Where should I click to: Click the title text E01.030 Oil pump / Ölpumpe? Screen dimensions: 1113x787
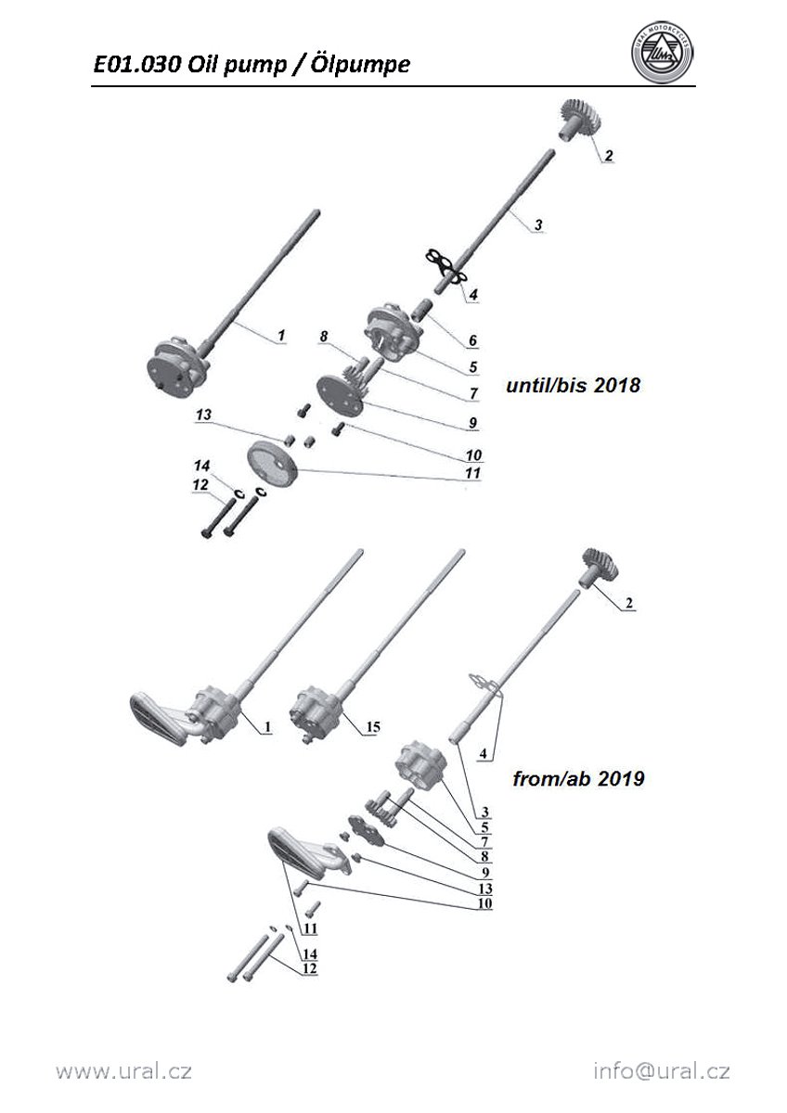click(251, 64)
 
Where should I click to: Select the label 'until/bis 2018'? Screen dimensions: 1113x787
click(573, 385)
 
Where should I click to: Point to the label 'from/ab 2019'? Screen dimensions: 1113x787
click(578, 779)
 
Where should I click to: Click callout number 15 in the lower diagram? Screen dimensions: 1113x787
click(371, 727)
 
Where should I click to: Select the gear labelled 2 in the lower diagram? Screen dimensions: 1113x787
click(602, 565)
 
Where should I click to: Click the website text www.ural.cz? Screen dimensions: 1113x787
click(123, 1071)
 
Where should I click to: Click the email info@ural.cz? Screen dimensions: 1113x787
click(662, 1071)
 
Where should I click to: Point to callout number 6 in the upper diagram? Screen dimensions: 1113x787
click(472, 341)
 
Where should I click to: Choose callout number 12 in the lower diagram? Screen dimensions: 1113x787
click(310, 968)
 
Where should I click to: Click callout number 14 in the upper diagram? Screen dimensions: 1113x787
click(201, 465)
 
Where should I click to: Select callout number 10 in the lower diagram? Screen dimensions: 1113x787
click(484, 903)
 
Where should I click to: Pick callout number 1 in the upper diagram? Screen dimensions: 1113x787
click(283, 334)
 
